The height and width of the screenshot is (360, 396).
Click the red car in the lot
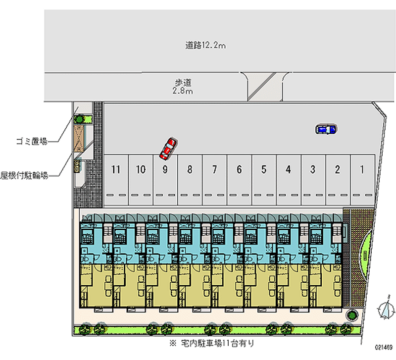coord(168,149)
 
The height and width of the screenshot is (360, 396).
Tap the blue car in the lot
coord(326,129)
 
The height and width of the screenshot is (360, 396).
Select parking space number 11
coord(116,180)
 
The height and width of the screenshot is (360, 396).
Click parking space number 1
coord(362,180)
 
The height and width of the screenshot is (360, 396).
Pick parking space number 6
coord(239,180)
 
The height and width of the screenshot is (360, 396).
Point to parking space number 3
coord(313,180)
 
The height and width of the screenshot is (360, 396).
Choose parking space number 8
coord(190,180)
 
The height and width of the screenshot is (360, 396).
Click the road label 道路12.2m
coord(205,45)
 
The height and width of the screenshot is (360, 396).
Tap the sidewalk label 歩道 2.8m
coord(183,87)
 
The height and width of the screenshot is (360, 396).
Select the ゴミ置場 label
coord(32,141)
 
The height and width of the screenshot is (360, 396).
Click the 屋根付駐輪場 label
coord(24,175)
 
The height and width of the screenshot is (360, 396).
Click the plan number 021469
coord(383,347)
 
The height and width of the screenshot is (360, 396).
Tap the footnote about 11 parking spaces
coord(212,343)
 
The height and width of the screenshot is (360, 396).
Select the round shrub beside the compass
coord(351,315)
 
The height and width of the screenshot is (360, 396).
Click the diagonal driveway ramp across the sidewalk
coord(262,87)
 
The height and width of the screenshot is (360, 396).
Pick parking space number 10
coord(141,180)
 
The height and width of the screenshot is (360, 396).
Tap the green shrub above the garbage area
coord(79,119)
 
